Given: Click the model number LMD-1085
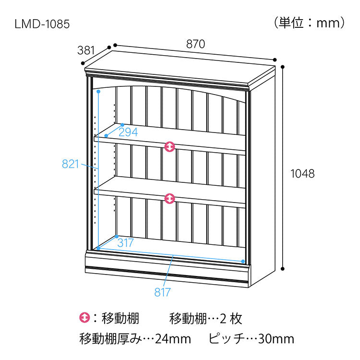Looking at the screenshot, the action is point(42,24).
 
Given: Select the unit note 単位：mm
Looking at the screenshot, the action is point(310,23).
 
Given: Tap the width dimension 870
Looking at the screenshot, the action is point(196,44).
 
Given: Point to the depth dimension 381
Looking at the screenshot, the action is point(86,50).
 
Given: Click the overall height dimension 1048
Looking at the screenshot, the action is point(302,174).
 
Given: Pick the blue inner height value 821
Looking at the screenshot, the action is point(71,164).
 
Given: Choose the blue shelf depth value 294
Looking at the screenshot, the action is point(128,132).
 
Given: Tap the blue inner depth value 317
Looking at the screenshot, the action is point(125,243).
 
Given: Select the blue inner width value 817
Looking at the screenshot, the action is point(163,292).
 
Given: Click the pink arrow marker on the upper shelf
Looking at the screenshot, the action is point(169,146).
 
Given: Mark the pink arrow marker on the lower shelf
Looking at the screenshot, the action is point(169,198).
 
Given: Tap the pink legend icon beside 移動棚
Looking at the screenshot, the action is point(84,318).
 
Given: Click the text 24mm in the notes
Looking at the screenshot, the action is point(173,339).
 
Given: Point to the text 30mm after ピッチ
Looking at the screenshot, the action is point(276,339).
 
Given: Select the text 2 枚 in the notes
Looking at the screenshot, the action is point(231,319).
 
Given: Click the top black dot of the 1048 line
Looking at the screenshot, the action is point(283,67).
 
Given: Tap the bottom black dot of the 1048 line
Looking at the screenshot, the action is point(283,269).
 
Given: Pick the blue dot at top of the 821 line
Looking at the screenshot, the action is point(98,91).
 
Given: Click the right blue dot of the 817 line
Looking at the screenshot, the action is point(243,261).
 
